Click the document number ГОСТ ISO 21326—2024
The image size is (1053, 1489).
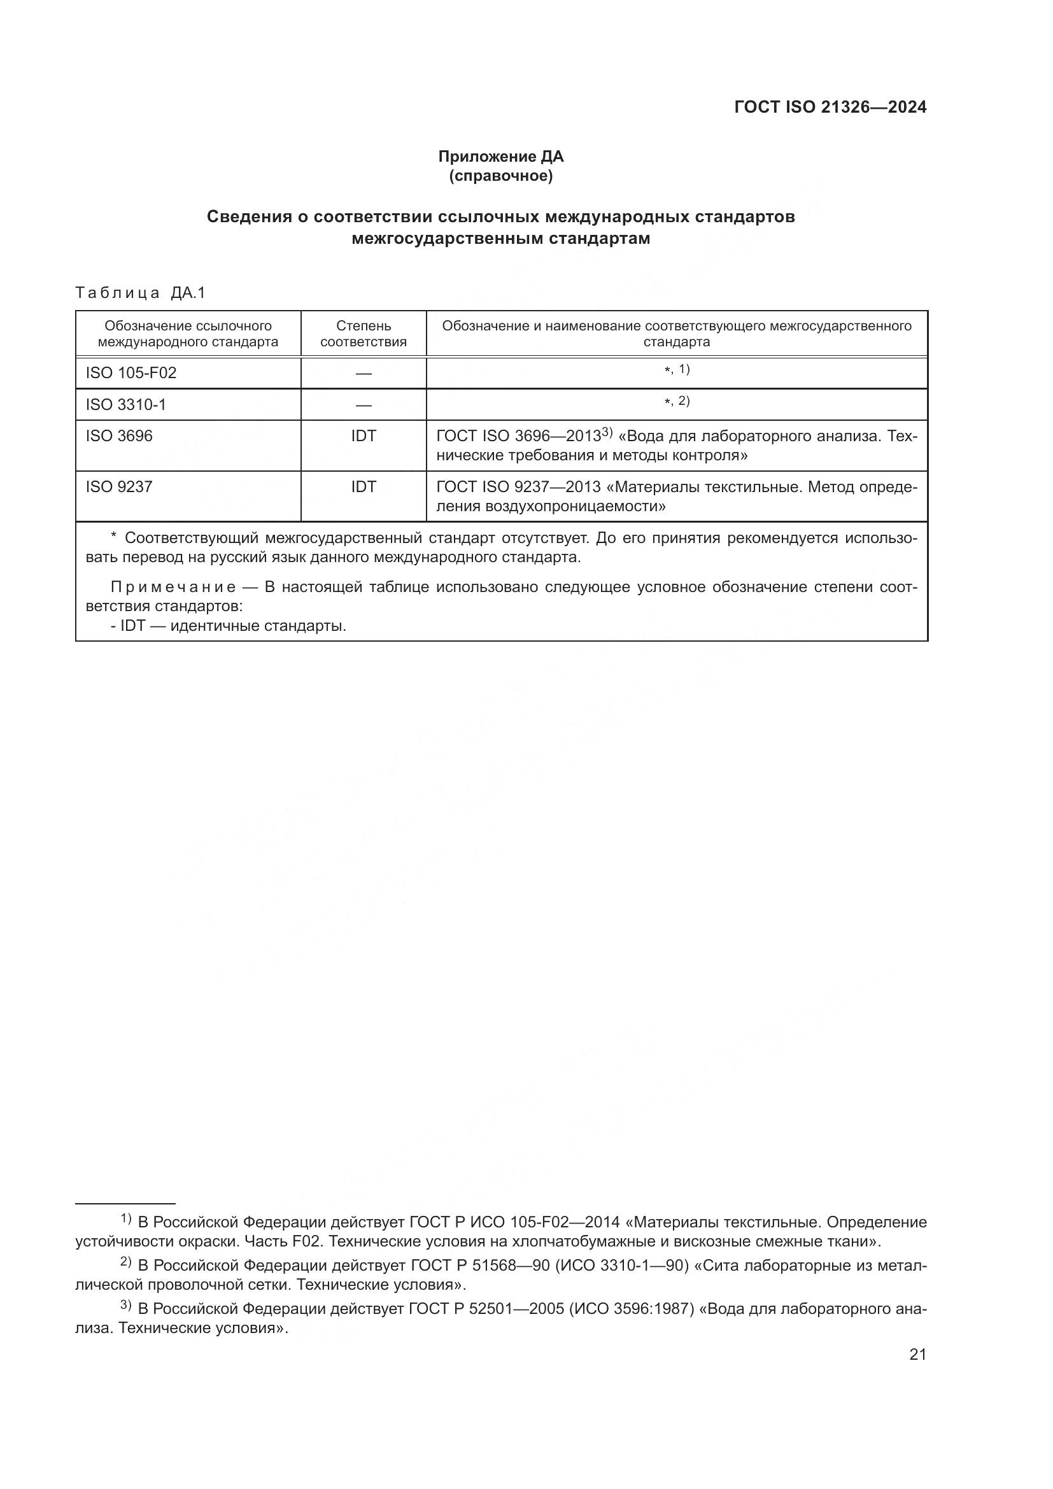pos(830,107)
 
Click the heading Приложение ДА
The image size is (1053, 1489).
pos(500,157)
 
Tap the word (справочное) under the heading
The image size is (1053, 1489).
pos(500,176)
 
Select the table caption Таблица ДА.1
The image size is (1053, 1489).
pos(140,293)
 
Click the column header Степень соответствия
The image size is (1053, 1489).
pos(363,334)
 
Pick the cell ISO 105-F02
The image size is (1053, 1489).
pos(131,373)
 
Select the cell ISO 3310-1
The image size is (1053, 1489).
pos(126,405)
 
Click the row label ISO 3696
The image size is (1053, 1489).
pos(119,436)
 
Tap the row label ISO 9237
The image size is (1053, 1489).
pos(119,486)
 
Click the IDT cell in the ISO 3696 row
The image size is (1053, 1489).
pos(363,436)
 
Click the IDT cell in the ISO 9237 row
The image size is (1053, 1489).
pos(363,486)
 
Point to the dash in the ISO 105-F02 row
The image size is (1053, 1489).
pos(363,374)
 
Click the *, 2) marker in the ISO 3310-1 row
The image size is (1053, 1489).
pos(677,402)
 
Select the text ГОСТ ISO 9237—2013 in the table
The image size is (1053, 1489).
pos(518,486)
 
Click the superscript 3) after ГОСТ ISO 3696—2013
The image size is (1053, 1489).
pos(607,432)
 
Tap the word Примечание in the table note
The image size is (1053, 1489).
pos(173,588)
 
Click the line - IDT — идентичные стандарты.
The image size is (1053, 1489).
pos(229,626)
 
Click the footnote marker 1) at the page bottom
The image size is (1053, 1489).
pos(126,1218)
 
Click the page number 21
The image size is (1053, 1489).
pos(917,1354)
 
